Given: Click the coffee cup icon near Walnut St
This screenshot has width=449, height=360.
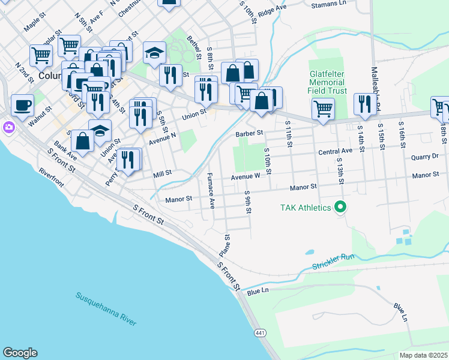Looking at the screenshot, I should tap(23, 106).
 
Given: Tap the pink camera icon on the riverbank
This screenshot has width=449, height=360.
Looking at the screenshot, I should tap(8, 127).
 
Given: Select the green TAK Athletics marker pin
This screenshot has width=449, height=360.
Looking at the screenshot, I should tap(340, 208).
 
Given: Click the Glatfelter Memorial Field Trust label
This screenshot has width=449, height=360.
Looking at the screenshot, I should tap(328, 82).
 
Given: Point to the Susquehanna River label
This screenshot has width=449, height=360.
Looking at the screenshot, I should tap(106, 309).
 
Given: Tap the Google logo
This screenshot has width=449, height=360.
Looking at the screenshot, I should tap(20, 353).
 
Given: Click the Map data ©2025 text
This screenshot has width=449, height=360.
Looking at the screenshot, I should tap(423, 355).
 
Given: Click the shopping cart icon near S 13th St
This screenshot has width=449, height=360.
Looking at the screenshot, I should tap(323, 109).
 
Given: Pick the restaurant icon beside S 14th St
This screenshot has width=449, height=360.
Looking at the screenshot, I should tap(365, 104).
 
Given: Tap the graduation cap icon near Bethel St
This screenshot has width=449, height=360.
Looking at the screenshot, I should tap(154, 53).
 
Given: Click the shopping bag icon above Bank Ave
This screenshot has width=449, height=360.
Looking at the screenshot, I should tap(82, 140).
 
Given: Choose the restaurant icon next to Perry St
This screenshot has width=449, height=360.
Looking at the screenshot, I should tap(128, 159).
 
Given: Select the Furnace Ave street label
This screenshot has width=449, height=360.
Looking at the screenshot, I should tap(211, 190).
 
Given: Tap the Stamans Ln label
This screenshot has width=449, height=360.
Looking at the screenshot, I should tap(330, 4).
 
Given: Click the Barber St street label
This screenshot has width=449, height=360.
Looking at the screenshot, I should tap(250, 133).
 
